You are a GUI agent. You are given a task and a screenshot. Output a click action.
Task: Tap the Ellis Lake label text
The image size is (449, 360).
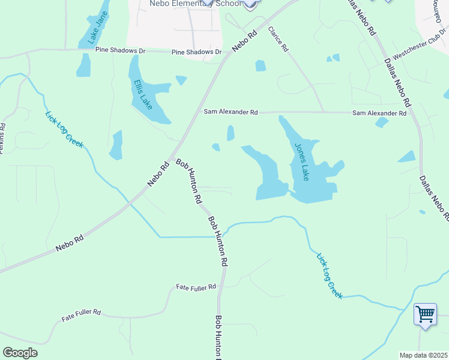pos(143,95)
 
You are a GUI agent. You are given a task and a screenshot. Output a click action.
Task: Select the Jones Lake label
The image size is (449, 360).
pos(301,161)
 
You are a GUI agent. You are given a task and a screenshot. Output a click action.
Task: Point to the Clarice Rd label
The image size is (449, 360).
pos(279,40)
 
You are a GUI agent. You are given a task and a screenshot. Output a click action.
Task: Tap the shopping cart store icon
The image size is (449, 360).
pos(425,313)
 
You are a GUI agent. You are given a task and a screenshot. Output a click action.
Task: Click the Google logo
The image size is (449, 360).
pos(20,353)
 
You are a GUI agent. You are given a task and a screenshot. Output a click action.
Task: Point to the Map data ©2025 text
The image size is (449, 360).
pos(423,355)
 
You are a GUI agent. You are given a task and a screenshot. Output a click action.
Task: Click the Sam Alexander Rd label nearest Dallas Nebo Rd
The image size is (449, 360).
pos(379,113)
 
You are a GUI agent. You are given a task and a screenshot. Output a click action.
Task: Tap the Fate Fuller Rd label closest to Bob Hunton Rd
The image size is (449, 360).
pos(196,288)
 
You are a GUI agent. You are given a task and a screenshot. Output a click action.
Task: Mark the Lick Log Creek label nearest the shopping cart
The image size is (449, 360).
pos(330,275)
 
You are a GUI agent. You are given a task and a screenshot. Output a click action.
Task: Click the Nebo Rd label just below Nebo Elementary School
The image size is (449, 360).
pos(245,41)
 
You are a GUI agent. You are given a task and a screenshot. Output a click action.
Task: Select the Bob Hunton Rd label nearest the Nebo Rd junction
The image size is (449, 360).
pos(188,181)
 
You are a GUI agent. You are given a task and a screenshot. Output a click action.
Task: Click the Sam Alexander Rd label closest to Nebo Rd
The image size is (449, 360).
pos(231,112)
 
